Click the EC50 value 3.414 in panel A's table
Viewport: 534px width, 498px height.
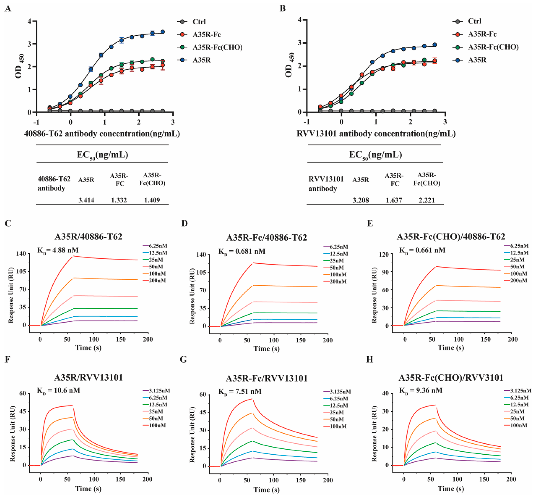tap(86, 200)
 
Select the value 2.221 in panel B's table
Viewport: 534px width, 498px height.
tap(427, 200)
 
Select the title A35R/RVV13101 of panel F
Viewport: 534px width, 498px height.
tap(88, 377)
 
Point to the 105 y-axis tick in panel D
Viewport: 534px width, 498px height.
tap(200, 272)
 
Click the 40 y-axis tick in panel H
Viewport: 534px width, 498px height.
tap(385, 393)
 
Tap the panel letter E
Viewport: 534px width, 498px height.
tap(370, 224)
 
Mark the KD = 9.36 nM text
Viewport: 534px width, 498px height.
tap(421, 390)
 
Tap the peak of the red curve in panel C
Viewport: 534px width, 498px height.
tap(73, 256)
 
